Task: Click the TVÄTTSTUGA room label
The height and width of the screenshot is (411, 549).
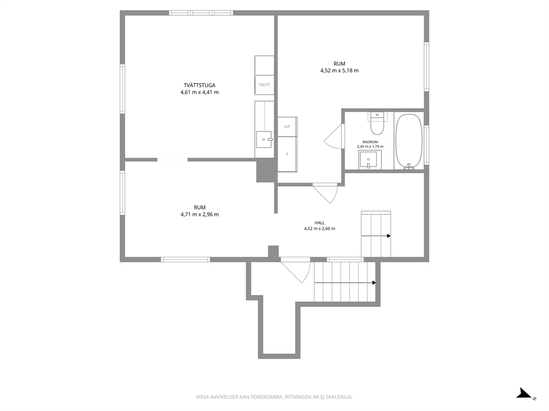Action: [200, 85]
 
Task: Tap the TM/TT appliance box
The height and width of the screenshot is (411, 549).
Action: [265, 85]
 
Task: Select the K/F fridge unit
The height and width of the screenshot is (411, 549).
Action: [287, 127]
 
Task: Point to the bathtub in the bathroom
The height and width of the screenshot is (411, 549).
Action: [409, 141]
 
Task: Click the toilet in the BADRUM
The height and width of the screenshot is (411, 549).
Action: [377, 124]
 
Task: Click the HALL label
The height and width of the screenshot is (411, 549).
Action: [319, 223]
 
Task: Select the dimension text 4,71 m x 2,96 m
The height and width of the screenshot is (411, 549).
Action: [200, 214]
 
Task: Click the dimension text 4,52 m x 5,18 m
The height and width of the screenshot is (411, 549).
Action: [339, 71]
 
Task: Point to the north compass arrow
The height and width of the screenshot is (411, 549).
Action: [526, 393]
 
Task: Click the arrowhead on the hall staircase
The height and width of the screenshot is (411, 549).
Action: [389, 236]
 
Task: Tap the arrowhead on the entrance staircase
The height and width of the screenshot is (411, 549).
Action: [374, 283]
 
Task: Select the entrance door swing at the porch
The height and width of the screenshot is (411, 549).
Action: [296, 270]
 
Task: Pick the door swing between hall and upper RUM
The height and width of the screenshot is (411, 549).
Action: [325, 193]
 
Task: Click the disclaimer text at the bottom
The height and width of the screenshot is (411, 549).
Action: [274, 397]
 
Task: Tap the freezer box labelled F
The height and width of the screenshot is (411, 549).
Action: [287, 154]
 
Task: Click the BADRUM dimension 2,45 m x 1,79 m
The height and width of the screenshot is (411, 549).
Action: [370, 146]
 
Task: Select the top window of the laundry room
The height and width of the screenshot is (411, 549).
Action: [201, 13]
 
